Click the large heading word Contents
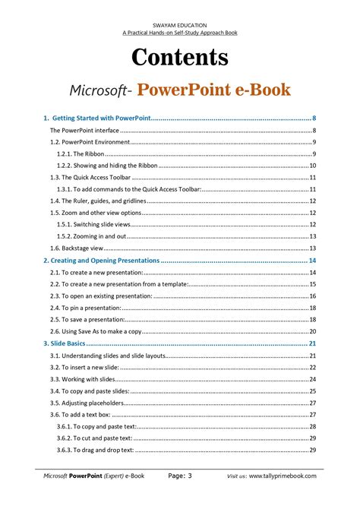coord(180,57)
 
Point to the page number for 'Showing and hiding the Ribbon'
coord(313,166)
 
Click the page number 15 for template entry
coord(313,283)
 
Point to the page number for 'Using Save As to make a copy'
coord(313,331)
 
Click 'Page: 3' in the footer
coord(180,476)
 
